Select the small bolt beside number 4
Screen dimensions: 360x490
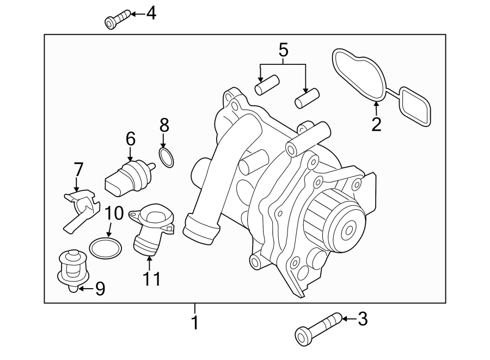117,20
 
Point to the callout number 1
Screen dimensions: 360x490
194,323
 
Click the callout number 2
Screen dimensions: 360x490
376,125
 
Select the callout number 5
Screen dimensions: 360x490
283,51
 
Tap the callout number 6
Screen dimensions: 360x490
131,139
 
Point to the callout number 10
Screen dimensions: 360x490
114,213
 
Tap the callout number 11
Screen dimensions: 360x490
152,279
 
